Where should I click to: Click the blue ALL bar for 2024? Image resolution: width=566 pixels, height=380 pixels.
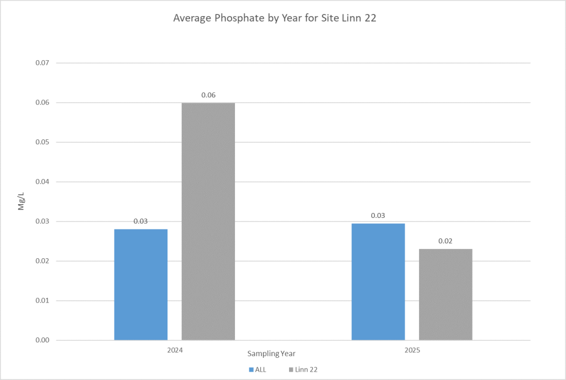tap(141, 284)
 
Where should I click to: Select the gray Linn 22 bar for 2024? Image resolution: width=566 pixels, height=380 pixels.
tap(208, 221)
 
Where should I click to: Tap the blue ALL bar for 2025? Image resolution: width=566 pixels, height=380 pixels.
tap(378, 282)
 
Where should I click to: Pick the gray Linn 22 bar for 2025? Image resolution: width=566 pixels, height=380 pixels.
tap(446, 294)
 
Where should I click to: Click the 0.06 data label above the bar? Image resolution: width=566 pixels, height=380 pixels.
tap(208, 95)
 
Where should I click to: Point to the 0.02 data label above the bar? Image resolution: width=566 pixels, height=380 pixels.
tap(446, 241)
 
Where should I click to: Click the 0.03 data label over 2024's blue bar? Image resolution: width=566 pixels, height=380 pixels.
tap(141, 221)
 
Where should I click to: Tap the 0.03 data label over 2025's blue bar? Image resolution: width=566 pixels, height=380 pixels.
tap(378, 216)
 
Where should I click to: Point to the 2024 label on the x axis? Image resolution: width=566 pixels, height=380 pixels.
tap(175, 351)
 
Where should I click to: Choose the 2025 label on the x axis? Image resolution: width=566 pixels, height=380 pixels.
tap(412, 351)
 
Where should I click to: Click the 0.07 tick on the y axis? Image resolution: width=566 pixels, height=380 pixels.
tap(43, 63)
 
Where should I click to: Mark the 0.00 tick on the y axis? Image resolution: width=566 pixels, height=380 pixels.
tap(43, 340)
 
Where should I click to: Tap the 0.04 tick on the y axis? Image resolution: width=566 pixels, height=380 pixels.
tap(43, 182)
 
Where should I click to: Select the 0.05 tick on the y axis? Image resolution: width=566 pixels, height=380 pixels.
tap(43, 142)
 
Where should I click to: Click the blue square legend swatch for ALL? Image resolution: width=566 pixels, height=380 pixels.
tap(251, 369)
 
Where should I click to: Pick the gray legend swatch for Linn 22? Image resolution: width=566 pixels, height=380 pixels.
tap(291, 369)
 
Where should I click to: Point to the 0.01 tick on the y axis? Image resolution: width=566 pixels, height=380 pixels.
tap(43, 301)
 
